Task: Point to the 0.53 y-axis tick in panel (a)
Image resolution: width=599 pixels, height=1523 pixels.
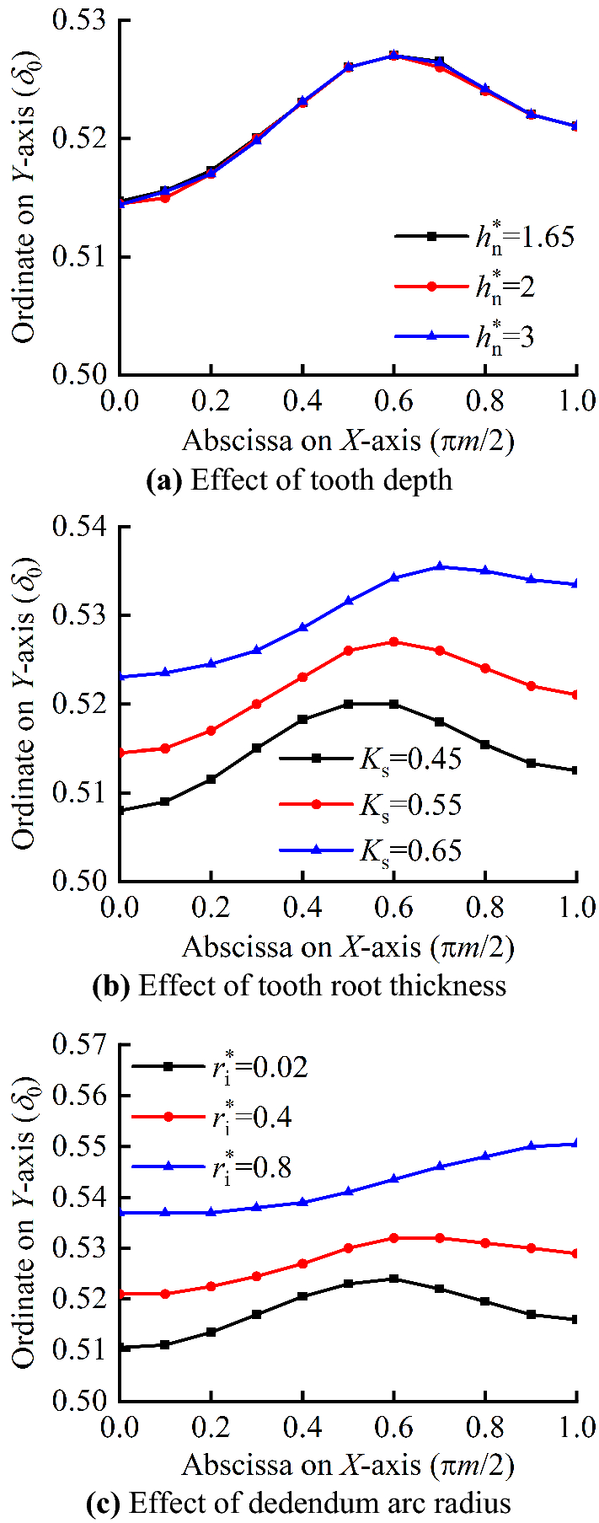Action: tap(82, 20)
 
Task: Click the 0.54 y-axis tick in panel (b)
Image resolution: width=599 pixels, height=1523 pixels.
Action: tap(82, 528)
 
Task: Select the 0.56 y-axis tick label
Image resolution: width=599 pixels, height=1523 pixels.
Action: tap(82, 1096)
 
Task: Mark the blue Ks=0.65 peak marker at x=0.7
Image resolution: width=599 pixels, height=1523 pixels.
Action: tap(439, 566)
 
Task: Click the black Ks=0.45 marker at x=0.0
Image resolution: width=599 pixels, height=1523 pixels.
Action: tap(120, 811)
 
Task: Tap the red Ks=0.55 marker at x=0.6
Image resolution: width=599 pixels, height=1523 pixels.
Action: tap(393, 641)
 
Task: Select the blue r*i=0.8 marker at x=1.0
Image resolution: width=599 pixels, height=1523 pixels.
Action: tap(576, 1144)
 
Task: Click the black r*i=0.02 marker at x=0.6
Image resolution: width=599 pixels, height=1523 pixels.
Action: tap(393, 1279)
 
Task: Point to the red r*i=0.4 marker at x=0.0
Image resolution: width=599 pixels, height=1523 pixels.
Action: tap(120, 1294)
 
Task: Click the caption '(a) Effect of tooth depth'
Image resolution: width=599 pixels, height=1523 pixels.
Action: tap(299, 480)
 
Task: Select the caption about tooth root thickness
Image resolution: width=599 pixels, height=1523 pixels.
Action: tap(299, 986)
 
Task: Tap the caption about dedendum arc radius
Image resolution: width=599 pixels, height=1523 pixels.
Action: tap(299, 1503)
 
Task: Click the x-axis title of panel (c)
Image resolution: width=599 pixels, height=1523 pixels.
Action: tap(347, 1465)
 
